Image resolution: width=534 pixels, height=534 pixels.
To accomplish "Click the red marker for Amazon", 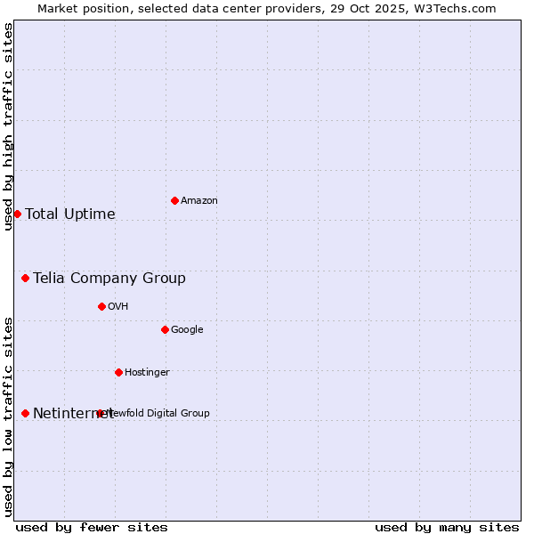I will [x=174, y=200].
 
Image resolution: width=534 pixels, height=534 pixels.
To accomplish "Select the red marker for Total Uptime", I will [x=17, y=214].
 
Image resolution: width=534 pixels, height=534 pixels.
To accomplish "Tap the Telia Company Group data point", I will [x=25, y=278].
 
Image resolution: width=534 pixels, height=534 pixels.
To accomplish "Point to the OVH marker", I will [x=101, y=306].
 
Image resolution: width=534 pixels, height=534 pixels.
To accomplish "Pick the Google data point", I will [x=165, y=329].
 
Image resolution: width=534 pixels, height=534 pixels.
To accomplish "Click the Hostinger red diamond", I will [x=118, y=372].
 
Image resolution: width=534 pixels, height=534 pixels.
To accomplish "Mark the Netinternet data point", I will [x=25, y=413].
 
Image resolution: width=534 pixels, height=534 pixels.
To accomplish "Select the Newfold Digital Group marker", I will [x=100, y=413].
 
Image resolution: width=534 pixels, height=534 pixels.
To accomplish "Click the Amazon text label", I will [x=199, y=200].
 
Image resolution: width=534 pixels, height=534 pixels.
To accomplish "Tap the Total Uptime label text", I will [x=70, y=214].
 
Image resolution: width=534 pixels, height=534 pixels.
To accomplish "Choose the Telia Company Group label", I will [x=109, y=278].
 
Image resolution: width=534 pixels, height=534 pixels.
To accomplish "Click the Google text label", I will [x=187, y=329].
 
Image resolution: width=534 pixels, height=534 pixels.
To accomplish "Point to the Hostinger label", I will [x=147, y=372].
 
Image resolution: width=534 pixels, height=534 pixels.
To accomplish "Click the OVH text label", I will [x=118, y=306].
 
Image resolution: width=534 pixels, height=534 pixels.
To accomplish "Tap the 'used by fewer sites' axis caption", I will [x=92, y=527].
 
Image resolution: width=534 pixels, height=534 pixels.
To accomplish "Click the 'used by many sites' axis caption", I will [x=447, y=527].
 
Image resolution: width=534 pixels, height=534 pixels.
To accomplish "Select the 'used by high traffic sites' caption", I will [x=8, y=126].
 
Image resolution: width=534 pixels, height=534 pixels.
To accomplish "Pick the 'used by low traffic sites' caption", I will [x=8, y=416].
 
